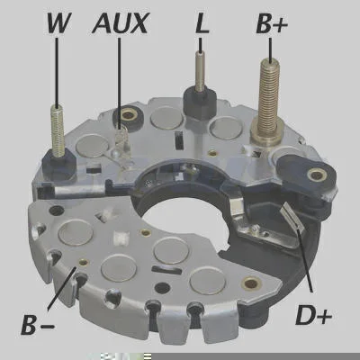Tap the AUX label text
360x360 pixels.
(120, 22)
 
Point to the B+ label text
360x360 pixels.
(272, 23)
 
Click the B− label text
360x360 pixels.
(38, 324)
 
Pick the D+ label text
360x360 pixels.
(313, 314)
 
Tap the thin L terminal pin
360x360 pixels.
(200, 71)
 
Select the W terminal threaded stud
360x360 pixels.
(58, 130)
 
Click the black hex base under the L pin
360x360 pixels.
(200, 103)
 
